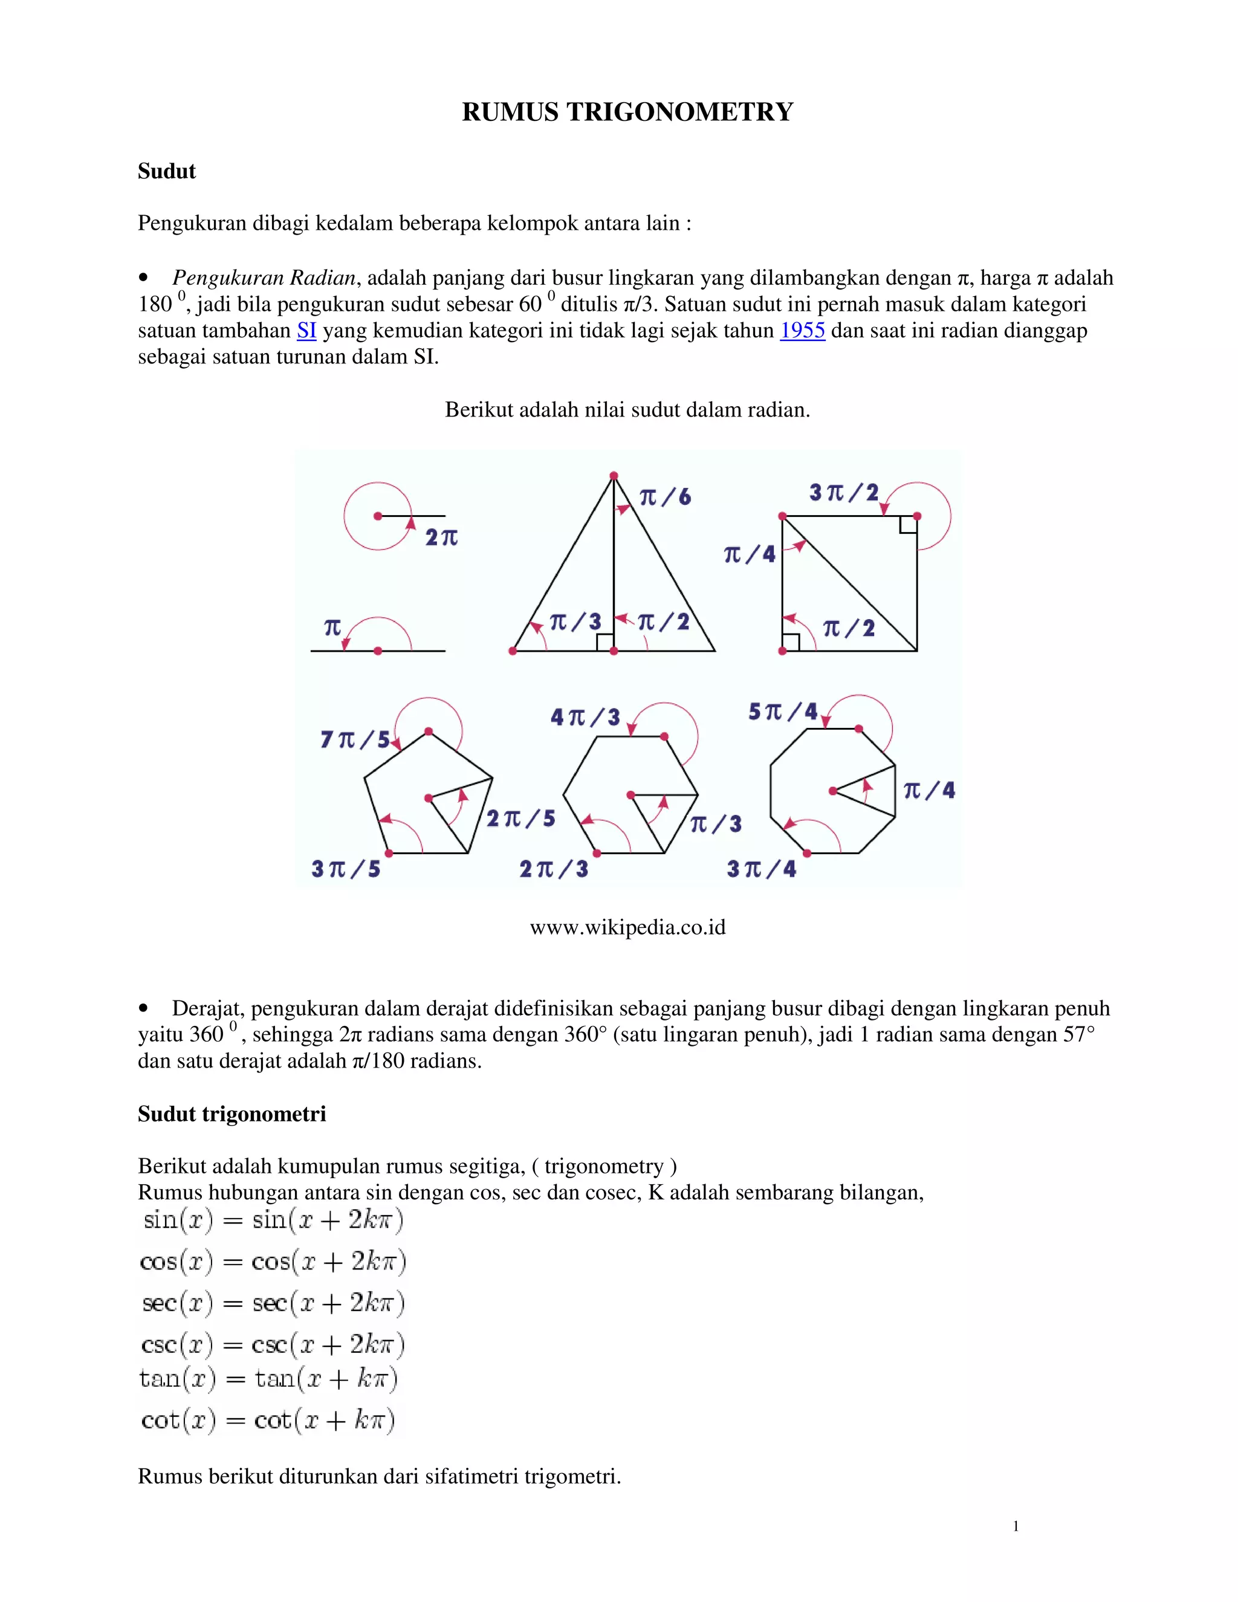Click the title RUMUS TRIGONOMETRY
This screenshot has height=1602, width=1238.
click(627, 111)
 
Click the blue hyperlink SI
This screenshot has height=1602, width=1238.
click(306, 331)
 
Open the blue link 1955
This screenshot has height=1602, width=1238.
click(802, 331)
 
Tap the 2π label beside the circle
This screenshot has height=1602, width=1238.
click(441, 537)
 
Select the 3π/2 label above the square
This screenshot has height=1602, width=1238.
click(843, 492)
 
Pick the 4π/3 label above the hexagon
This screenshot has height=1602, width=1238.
click(585, 716)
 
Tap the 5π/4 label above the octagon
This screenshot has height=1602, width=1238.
click(783, 712)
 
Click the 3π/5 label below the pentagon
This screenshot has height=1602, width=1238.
click(345, 869)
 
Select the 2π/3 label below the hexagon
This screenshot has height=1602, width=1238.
click(554, 869)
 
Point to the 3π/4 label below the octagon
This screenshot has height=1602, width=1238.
click(761, 869)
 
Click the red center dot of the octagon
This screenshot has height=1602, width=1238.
click(832, 791)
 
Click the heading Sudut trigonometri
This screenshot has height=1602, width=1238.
click(232, 1114)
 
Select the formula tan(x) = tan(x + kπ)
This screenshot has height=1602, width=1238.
click(268, 1379)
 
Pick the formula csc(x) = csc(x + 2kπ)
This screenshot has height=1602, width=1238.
click(272, 1344)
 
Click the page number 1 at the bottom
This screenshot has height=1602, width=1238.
click(1015, 1526)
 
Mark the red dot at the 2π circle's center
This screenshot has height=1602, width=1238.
click(378, 516)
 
